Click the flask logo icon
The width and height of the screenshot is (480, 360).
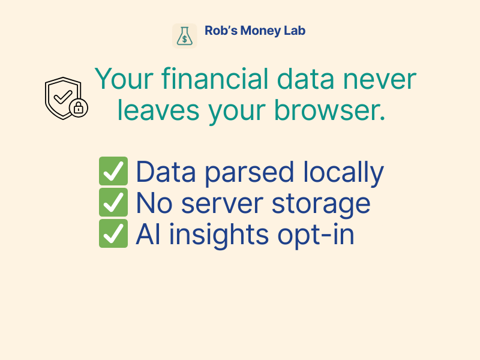coord(185,36)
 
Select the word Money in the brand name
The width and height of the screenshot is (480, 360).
coord(261,31)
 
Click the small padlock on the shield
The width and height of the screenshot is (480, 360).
coord(79,108)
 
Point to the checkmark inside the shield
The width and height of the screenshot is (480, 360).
coord(63,95)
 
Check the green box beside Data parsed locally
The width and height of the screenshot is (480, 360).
coord(113,172)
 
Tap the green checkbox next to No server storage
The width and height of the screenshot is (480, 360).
coord(113,203)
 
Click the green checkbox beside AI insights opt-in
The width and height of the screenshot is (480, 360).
coord(113,235)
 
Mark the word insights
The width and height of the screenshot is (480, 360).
coord(223,235)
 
